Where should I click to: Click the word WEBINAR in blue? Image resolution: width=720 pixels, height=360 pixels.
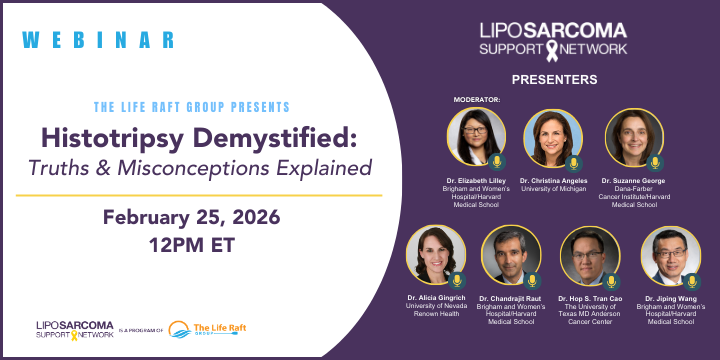point(98,40)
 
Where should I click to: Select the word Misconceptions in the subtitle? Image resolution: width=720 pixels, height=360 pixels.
point(193,168)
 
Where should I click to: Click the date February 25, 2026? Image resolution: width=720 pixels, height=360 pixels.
point(191,217)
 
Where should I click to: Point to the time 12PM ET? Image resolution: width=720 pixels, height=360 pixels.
point(191,245)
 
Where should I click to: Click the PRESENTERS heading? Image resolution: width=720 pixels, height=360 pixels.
point(554,79)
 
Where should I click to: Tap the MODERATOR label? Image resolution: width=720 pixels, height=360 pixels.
point(477,100)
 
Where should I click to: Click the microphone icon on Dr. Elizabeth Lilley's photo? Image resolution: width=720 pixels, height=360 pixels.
point(497,162)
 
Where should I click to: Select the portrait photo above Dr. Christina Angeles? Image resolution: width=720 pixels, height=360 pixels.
point(553,138)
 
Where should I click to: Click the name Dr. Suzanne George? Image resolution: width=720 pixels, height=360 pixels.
point(633,180)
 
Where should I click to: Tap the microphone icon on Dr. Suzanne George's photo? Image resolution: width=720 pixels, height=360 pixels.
point(655,163)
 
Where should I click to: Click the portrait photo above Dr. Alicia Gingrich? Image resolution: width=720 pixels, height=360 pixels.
point(436,255)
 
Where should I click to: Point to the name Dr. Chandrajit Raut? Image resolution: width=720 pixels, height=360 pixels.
point(510,298)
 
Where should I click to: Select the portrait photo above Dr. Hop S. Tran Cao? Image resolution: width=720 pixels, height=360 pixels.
point(590,256)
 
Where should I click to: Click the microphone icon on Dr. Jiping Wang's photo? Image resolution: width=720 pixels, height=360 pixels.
point(692,281)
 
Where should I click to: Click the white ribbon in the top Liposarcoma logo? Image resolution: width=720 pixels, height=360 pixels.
point(552,51)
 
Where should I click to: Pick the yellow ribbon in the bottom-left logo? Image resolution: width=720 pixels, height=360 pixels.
point(74,335)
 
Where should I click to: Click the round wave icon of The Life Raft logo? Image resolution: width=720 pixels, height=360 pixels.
point(180,329)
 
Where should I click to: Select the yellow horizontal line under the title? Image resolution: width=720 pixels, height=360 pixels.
point(199,195)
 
